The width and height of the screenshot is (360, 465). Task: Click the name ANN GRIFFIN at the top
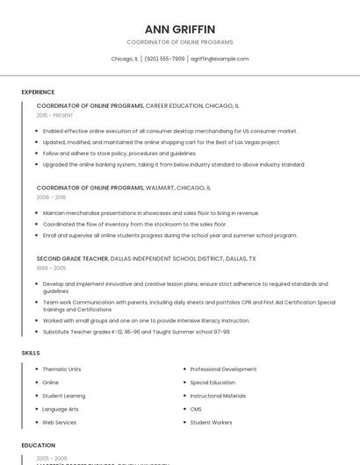179,29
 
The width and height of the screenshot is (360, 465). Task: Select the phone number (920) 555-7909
164,59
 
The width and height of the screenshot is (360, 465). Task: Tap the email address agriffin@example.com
220,59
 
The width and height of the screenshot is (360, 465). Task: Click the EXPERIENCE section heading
38,92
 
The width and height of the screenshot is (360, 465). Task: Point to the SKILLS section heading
30,353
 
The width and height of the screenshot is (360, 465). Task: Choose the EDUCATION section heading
38,446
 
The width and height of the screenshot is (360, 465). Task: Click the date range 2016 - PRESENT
56,115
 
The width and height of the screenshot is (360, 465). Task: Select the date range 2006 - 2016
51,197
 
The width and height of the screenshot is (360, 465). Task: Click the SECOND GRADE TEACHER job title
73,259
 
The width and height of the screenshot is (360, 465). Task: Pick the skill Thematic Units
61,369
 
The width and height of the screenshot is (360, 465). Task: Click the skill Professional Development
223,369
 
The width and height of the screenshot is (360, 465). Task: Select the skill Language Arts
61,409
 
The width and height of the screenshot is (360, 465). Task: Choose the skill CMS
196,409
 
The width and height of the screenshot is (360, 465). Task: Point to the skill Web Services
60,422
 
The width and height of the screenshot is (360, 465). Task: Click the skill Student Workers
211,422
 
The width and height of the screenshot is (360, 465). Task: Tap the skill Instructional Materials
218,396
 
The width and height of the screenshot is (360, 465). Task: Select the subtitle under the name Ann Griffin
179,42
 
